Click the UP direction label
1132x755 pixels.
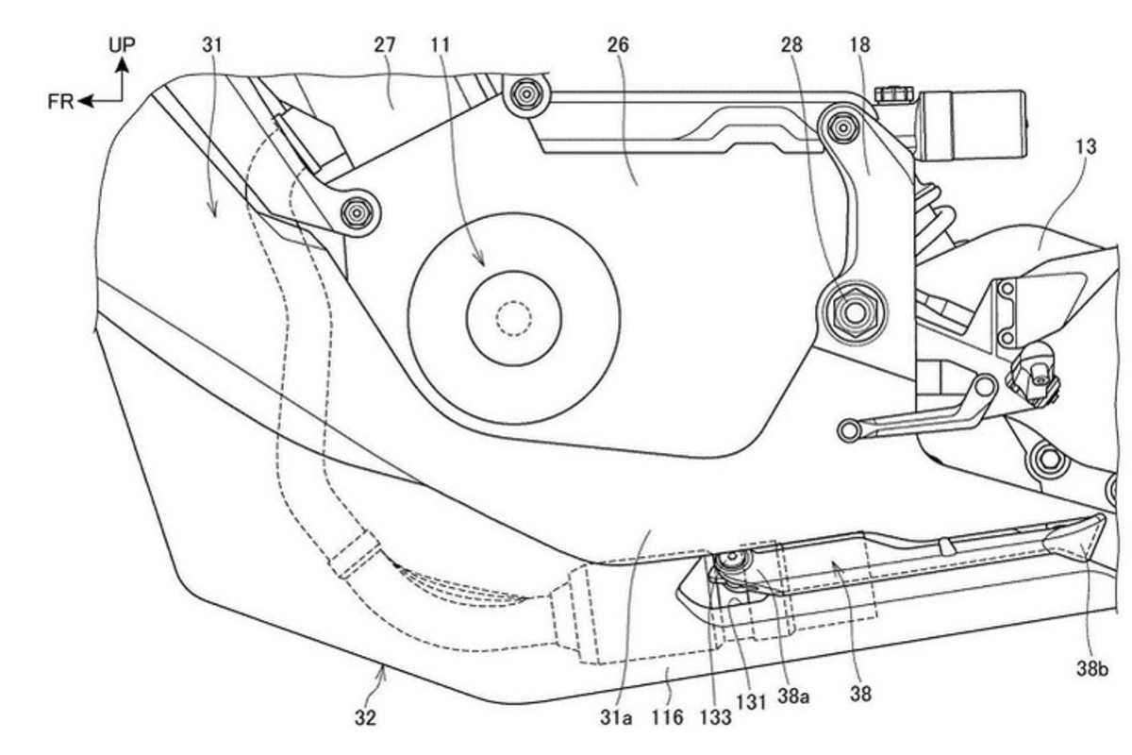[122, 43]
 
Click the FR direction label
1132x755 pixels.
[60, 101]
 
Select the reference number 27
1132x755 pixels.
[384, 43]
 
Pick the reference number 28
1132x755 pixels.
[793, 43]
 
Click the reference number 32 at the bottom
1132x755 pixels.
[366, 717]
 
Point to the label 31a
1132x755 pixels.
[614, 717]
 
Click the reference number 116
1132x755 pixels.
[667, 717]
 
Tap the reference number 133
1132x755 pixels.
[716, 717]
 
